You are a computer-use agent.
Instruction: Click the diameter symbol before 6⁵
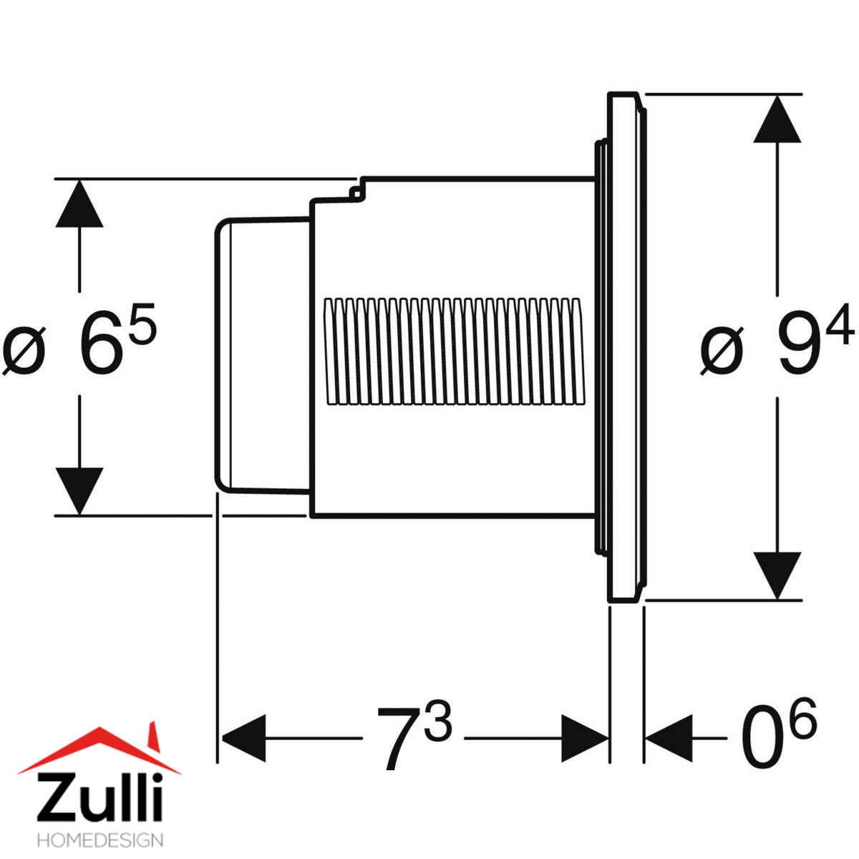(24, 351)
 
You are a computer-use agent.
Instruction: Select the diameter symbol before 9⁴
(722, 351)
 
